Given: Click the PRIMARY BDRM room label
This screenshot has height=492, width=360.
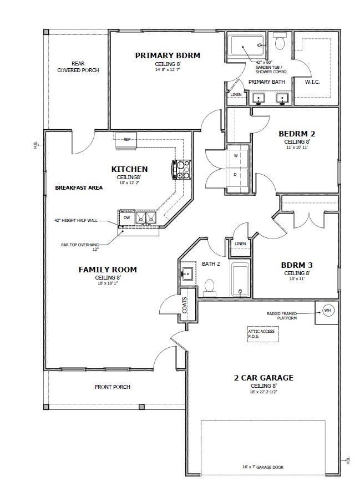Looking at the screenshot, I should [x=168, y=55].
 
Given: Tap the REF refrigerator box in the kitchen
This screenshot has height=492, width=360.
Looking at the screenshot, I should [x=126, y=140].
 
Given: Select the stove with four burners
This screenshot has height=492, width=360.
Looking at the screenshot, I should [x=182, y=170].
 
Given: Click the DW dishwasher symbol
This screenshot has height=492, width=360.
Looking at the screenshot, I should [x=126, y=218].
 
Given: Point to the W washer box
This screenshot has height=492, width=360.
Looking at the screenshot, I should [x=236, y=156].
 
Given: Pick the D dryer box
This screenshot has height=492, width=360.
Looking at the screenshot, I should [x=236, y=175].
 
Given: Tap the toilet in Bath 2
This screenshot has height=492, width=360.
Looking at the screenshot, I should [x=210, y=286].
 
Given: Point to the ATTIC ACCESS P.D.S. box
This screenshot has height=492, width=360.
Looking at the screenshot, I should [x=261, y=334].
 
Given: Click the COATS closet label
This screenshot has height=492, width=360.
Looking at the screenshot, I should [x=185, y=305].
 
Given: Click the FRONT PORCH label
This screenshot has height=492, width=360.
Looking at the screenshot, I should [x=113, y=387].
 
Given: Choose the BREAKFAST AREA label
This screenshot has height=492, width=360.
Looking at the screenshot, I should [x=79, y=188].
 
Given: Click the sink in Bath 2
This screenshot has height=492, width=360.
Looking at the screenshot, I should [x=188, y=273].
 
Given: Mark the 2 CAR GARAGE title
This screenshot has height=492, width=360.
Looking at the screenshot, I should [x=263, y=378].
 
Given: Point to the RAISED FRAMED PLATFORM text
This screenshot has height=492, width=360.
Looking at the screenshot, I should [x=290, y=316].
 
